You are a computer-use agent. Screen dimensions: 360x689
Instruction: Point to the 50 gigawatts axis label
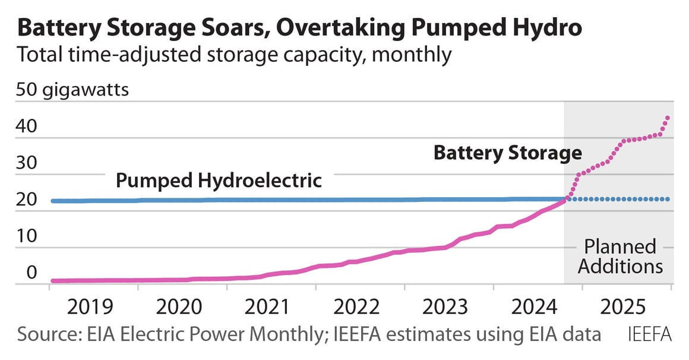[73, 91]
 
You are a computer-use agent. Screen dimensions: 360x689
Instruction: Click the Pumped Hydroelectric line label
[218, 180]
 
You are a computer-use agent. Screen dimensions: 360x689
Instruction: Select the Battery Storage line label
[507, 153]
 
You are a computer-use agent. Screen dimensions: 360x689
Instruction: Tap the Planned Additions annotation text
[620, 256]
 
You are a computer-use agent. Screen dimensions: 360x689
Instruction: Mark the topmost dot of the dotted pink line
[668, 118]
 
